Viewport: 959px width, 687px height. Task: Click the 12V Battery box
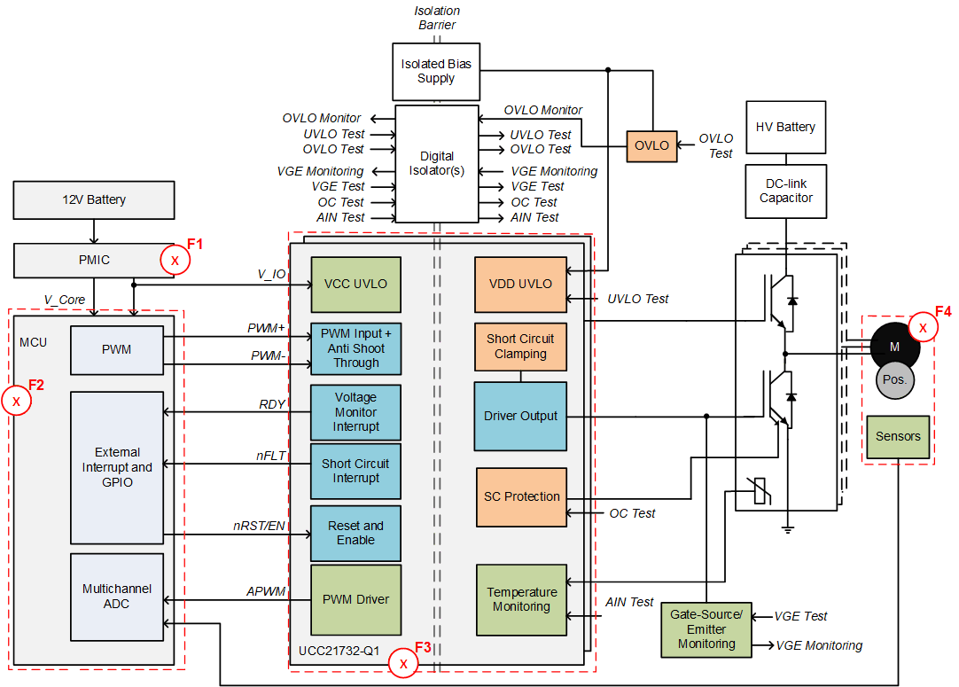(x=93, y=200)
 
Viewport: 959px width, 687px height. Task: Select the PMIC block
(x=93, y=261)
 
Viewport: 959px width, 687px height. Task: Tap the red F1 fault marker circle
(x=175, y=261)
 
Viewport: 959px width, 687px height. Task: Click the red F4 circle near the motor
(x=923, y=327)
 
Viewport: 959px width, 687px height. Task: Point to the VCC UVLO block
(x=355, y=285)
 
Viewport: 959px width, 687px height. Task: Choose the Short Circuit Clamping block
(x=520, y=347)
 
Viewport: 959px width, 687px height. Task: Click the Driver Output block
(x=520, y=416)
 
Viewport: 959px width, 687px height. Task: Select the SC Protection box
(x=521, y=496)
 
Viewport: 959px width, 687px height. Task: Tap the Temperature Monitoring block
(x=521, y=599)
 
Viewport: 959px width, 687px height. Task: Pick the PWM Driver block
(x=355, y=599)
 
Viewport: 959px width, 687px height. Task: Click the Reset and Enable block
(x=355, y=533)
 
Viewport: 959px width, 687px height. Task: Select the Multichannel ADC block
(x=117, y=597)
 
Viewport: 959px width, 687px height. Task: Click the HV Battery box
(x=785, y=127)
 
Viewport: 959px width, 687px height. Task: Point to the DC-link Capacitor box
(x=785, y=191)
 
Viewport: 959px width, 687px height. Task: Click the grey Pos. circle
(x=895, y=379)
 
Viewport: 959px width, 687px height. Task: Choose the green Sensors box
(x=898, y=436)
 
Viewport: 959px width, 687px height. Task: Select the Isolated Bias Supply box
(x=436, y=72)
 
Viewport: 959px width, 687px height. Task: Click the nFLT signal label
(x=271, y=457)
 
